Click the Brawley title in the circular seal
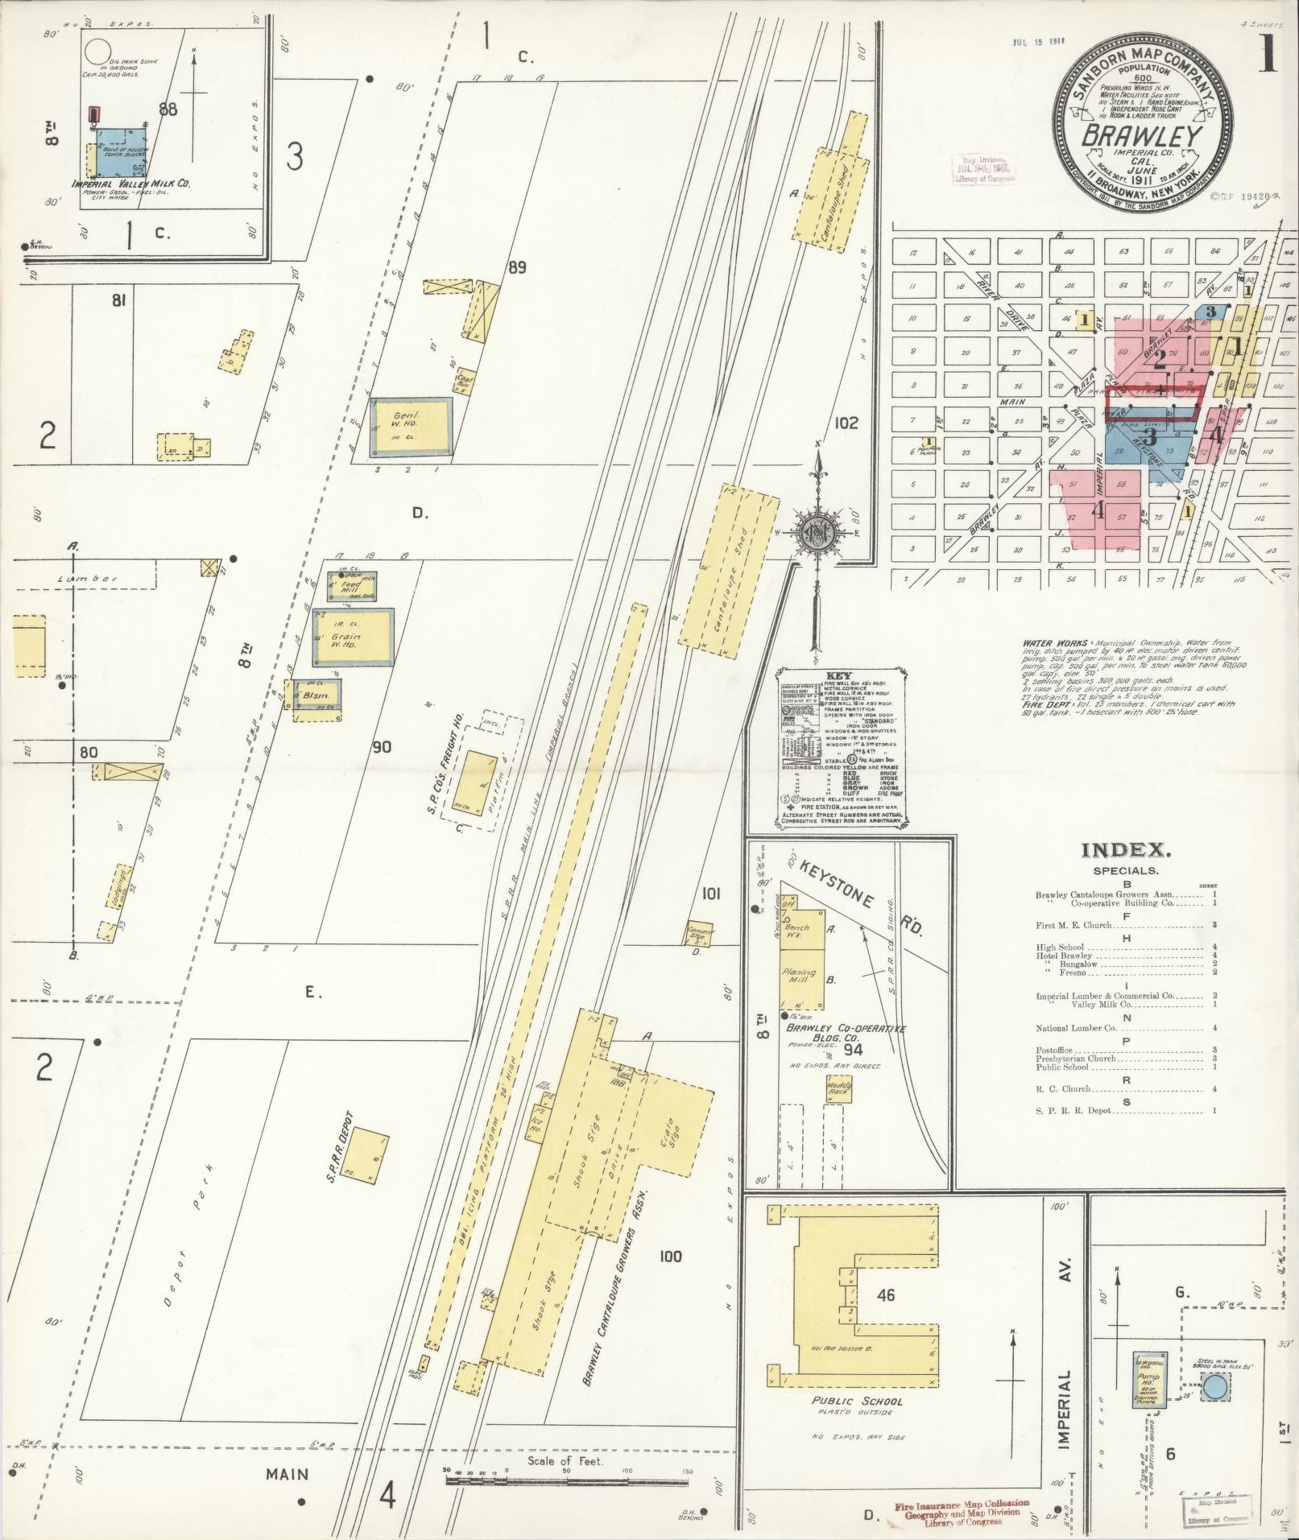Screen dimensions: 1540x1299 pyautogui.click(x=1142, y=135)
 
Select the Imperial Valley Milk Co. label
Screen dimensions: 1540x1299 pyautogui.click(x=131, y=184)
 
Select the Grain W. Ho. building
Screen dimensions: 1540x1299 pyautogui.click(x=354, y=637)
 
